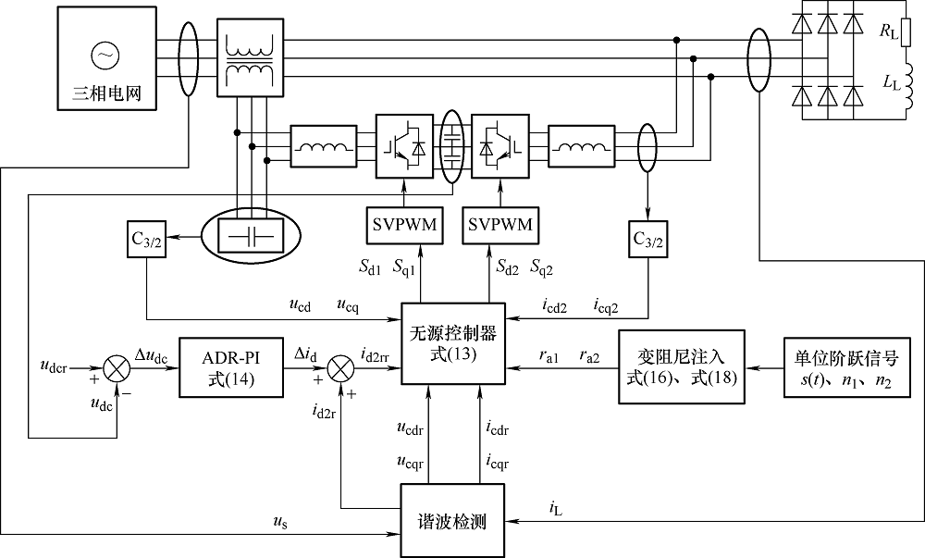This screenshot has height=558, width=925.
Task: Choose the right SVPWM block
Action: (x=501, y=225)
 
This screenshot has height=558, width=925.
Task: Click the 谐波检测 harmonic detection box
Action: (x=454, y=520)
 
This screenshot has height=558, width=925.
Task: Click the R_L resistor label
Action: (x=889, y=33)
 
